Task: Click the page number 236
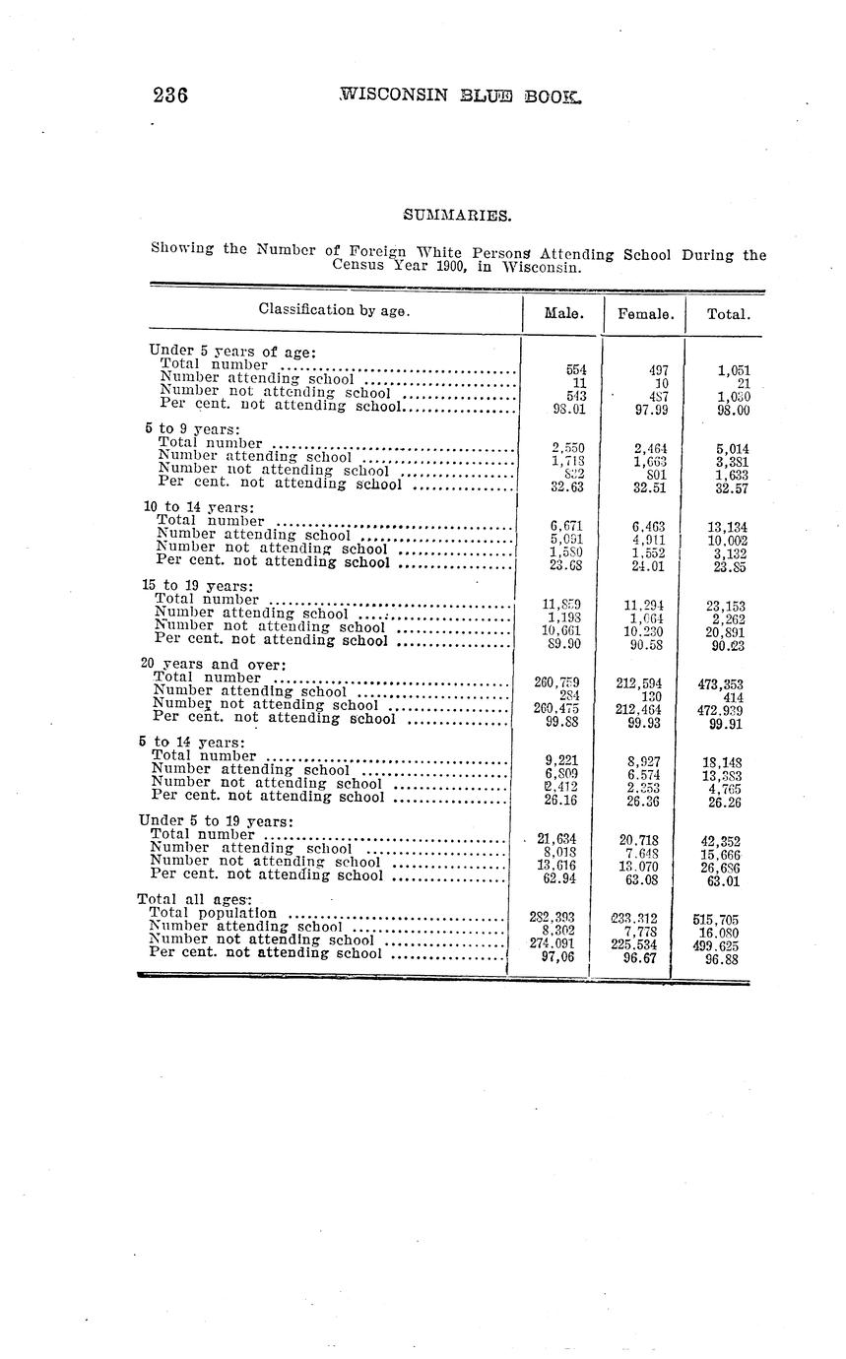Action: click(x=170, y=96)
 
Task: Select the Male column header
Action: click(x=561, y=315)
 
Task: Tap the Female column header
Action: click(x=645, y=315)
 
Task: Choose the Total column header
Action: click(x=729, y=315)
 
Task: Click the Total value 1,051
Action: click(x=734, y=370)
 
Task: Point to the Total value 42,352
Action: click(x=721, y=841)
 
